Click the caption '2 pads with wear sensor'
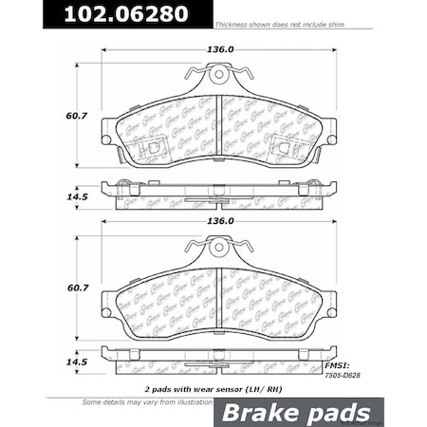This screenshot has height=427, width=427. click(x=201, y=389)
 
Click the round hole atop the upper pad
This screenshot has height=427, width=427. click(x=219, y=72)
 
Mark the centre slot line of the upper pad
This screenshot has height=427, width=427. click(x=219, y=123)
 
